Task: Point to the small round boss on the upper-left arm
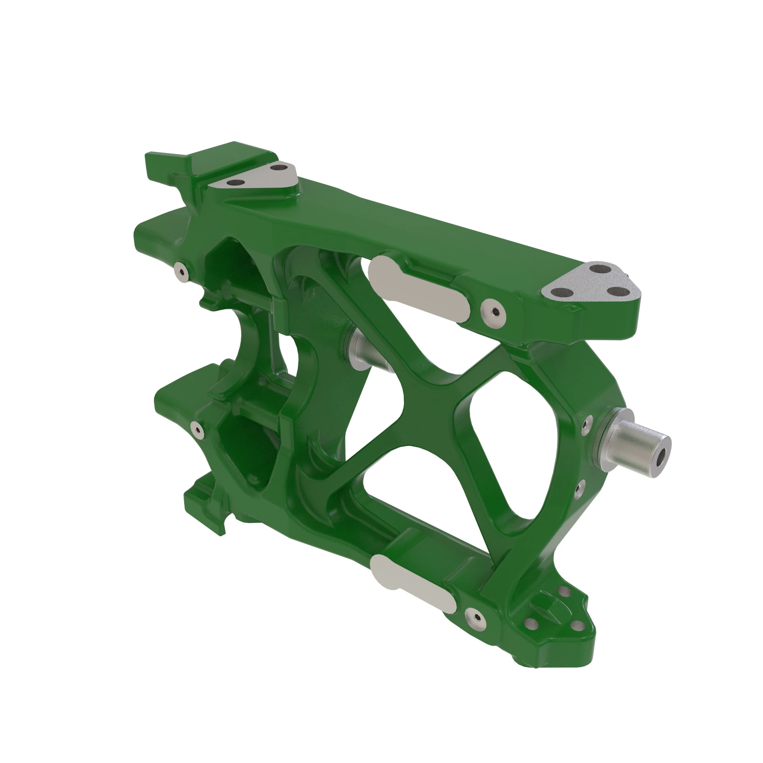[182, 272]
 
